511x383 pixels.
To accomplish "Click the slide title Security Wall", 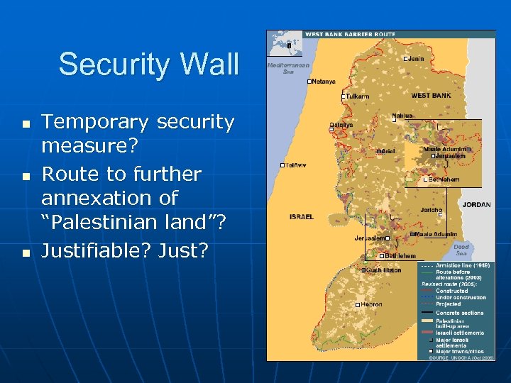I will click(x=148, y=64).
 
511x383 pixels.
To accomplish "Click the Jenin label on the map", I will click(x=417, y=58).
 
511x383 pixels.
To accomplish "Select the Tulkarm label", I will click(x=357, y=96).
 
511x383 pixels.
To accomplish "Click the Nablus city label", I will click(x=402, y=116).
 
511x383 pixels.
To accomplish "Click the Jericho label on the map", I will click(x=431, y=210).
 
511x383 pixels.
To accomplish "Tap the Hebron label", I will click(x=370, y=304).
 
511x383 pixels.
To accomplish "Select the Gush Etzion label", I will click(x=383, y=270).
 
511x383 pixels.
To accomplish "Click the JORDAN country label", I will click(x=476, y=204).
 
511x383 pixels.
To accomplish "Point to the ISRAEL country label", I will click(x=302, y=216).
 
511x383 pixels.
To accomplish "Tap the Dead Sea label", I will click(x=461, y=250).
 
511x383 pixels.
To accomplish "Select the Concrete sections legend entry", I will click(x=460, y=313).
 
